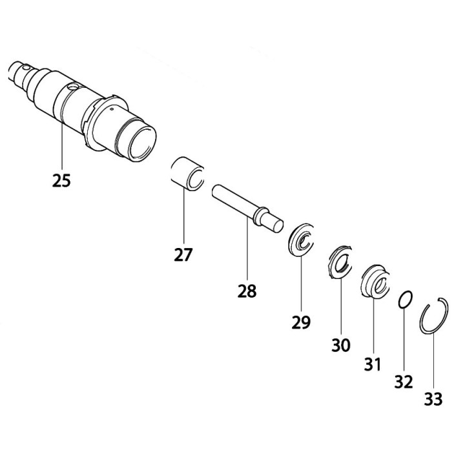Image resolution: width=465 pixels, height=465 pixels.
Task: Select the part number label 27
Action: click(x=183, y=254)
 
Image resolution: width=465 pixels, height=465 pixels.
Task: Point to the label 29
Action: click(x=301, y=320)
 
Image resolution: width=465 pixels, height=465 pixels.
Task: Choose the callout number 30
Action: click(x=341, y=345)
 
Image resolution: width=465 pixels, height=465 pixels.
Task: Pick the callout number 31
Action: click(x=373, y=365)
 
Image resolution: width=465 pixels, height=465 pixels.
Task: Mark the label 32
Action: click(x=404, y=382)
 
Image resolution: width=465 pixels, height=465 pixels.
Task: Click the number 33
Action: click(x=433, y=399)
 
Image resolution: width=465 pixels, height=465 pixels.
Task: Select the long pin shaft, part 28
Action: click(x=239, y=201)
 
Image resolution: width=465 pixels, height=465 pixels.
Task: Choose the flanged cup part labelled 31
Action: click(x=374, y=282)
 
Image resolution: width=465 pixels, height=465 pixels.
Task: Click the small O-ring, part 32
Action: click(x=404, y=300)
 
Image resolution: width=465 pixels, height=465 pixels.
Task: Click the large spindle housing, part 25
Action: click(x=97, y=110)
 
